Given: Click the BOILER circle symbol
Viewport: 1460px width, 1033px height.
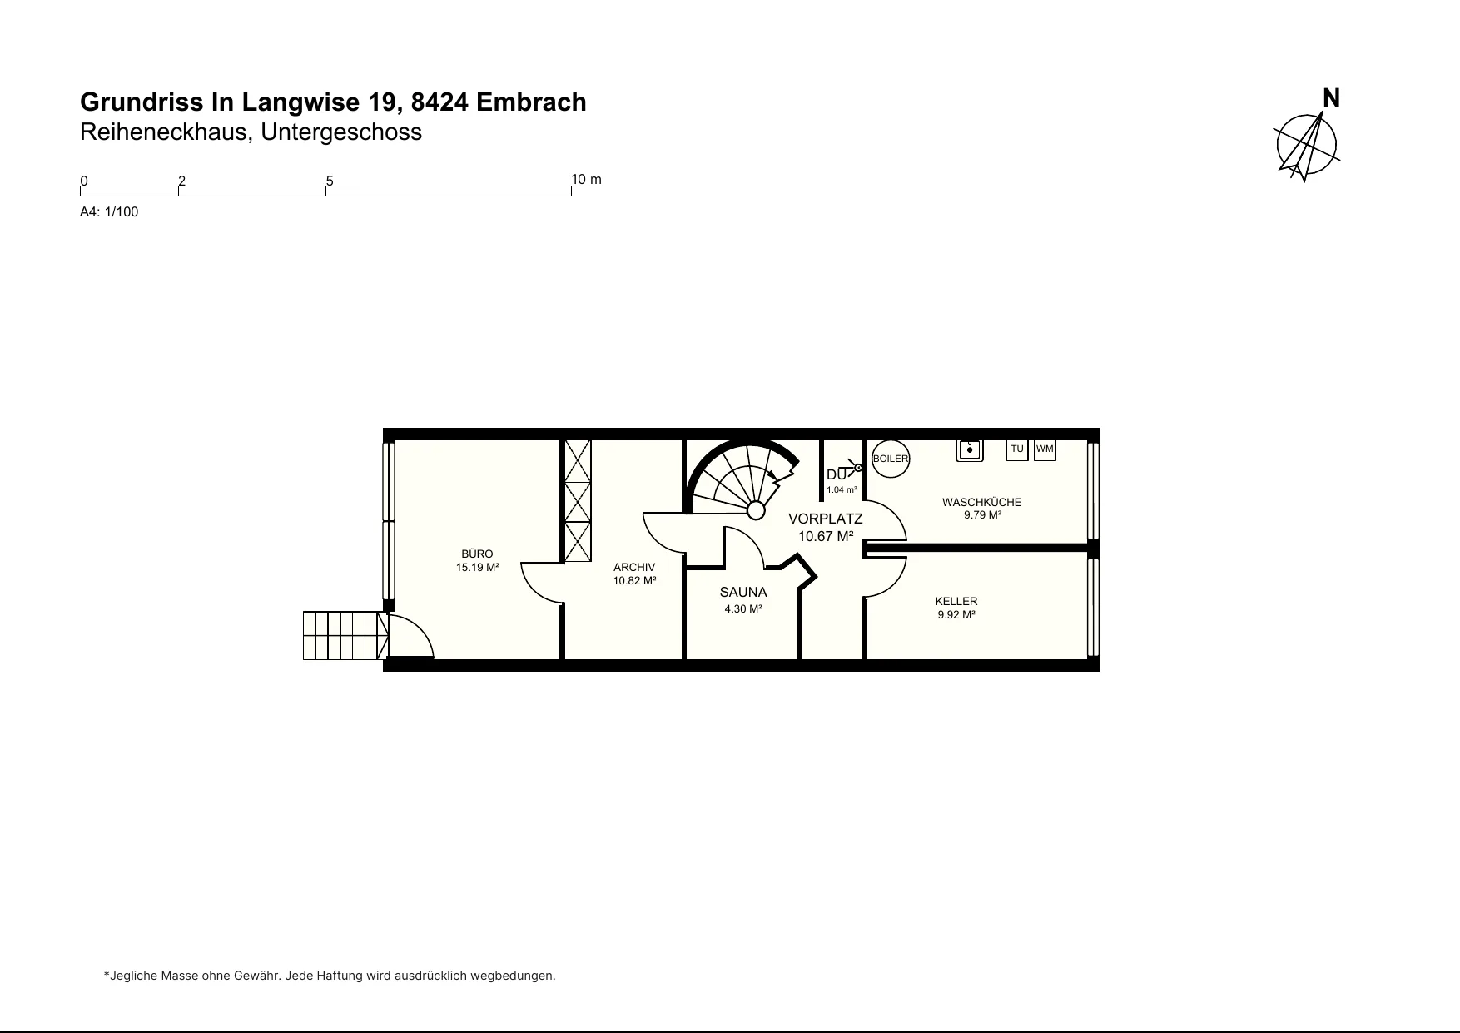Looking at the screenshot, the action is [890, 459].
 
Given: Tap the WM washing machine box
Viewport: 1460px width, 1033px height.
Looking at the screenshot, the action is [1045, 449].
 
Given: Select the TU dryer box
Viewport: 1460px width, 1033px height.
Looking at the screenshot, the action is [1017, 449].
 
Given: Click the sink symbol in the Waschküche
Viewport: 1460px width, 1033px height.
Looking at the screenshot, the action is [969, 449].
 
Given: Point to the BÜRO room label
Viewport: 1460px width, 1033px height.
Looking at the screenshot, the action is [477, 554].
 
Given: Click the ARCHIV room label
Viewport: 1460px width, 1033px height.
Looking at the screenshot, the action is [634, 567].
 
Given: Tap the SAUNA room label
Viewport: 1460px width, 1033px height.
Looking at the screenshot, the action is [743, 593].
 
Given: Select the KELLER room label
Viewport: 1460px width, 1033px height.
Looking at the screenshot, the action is [956, 601].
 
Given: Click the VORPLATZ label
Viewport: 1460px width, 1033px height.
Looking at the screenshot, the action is [826, 519].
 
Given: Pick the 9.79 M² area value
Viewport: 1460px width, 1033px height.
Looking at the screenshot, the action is [982, 515].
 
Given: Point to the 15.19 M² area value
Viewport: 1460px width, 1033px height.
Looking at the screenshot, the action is [477, 568].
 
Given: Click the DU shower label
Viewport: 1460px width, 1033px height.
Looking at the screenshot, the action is [836, 474].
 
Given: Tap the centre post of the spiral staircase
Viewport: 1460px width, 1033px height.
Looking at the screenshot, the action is [757, 509].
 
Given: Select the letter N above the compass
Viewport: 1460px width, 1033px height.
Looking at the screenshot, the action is [1332, 98].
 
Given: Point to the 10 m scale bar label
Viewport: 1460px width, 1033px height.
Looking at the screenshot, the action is [587, 180].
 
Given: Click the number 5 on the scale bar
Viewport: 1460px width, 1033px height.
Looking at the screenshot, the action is [330, 181].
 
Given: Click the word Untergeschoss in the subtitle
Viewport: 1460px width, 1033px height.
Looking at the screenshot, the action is [341, 132].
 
